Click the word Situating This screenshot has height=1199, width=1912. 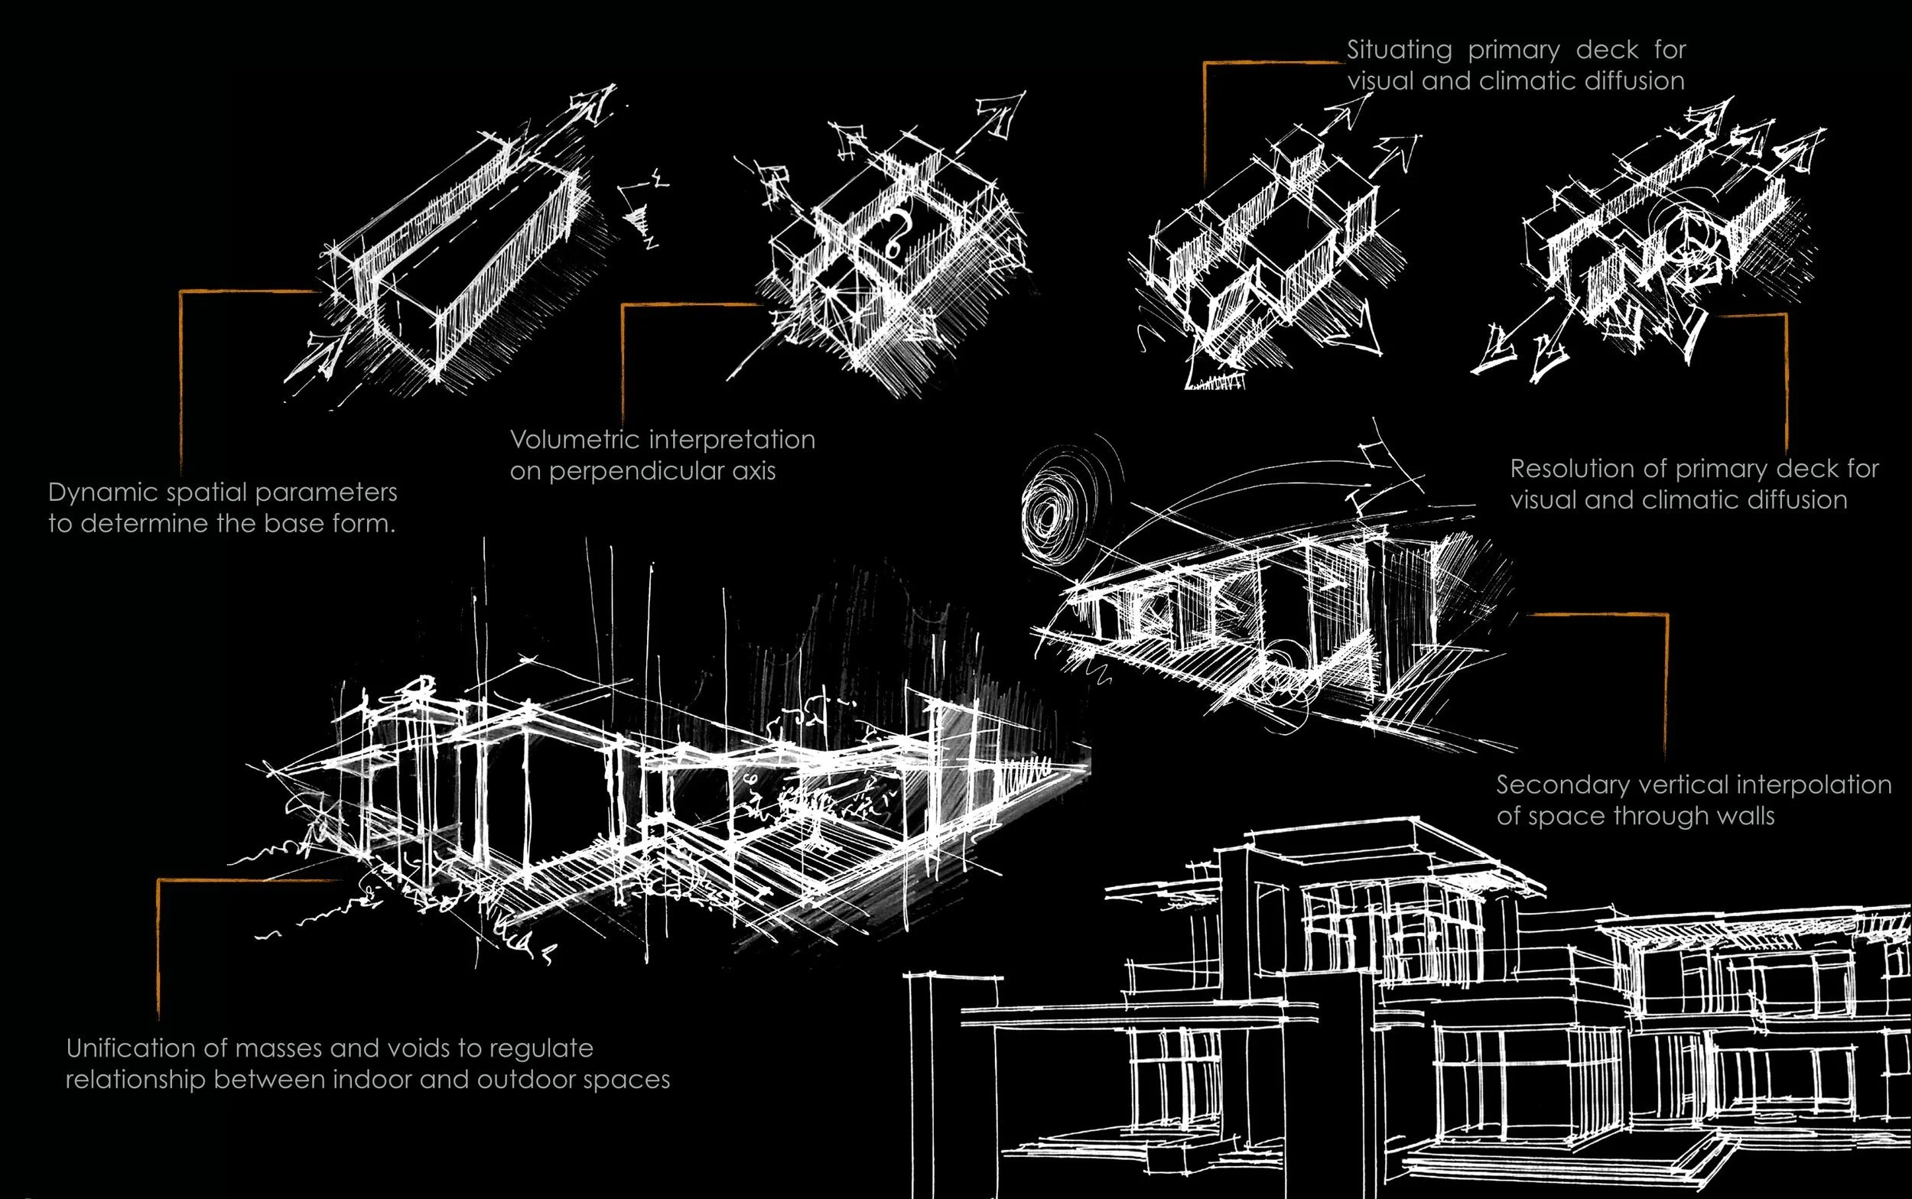1399,50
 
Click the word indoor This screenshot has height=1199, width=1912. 370,1080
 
